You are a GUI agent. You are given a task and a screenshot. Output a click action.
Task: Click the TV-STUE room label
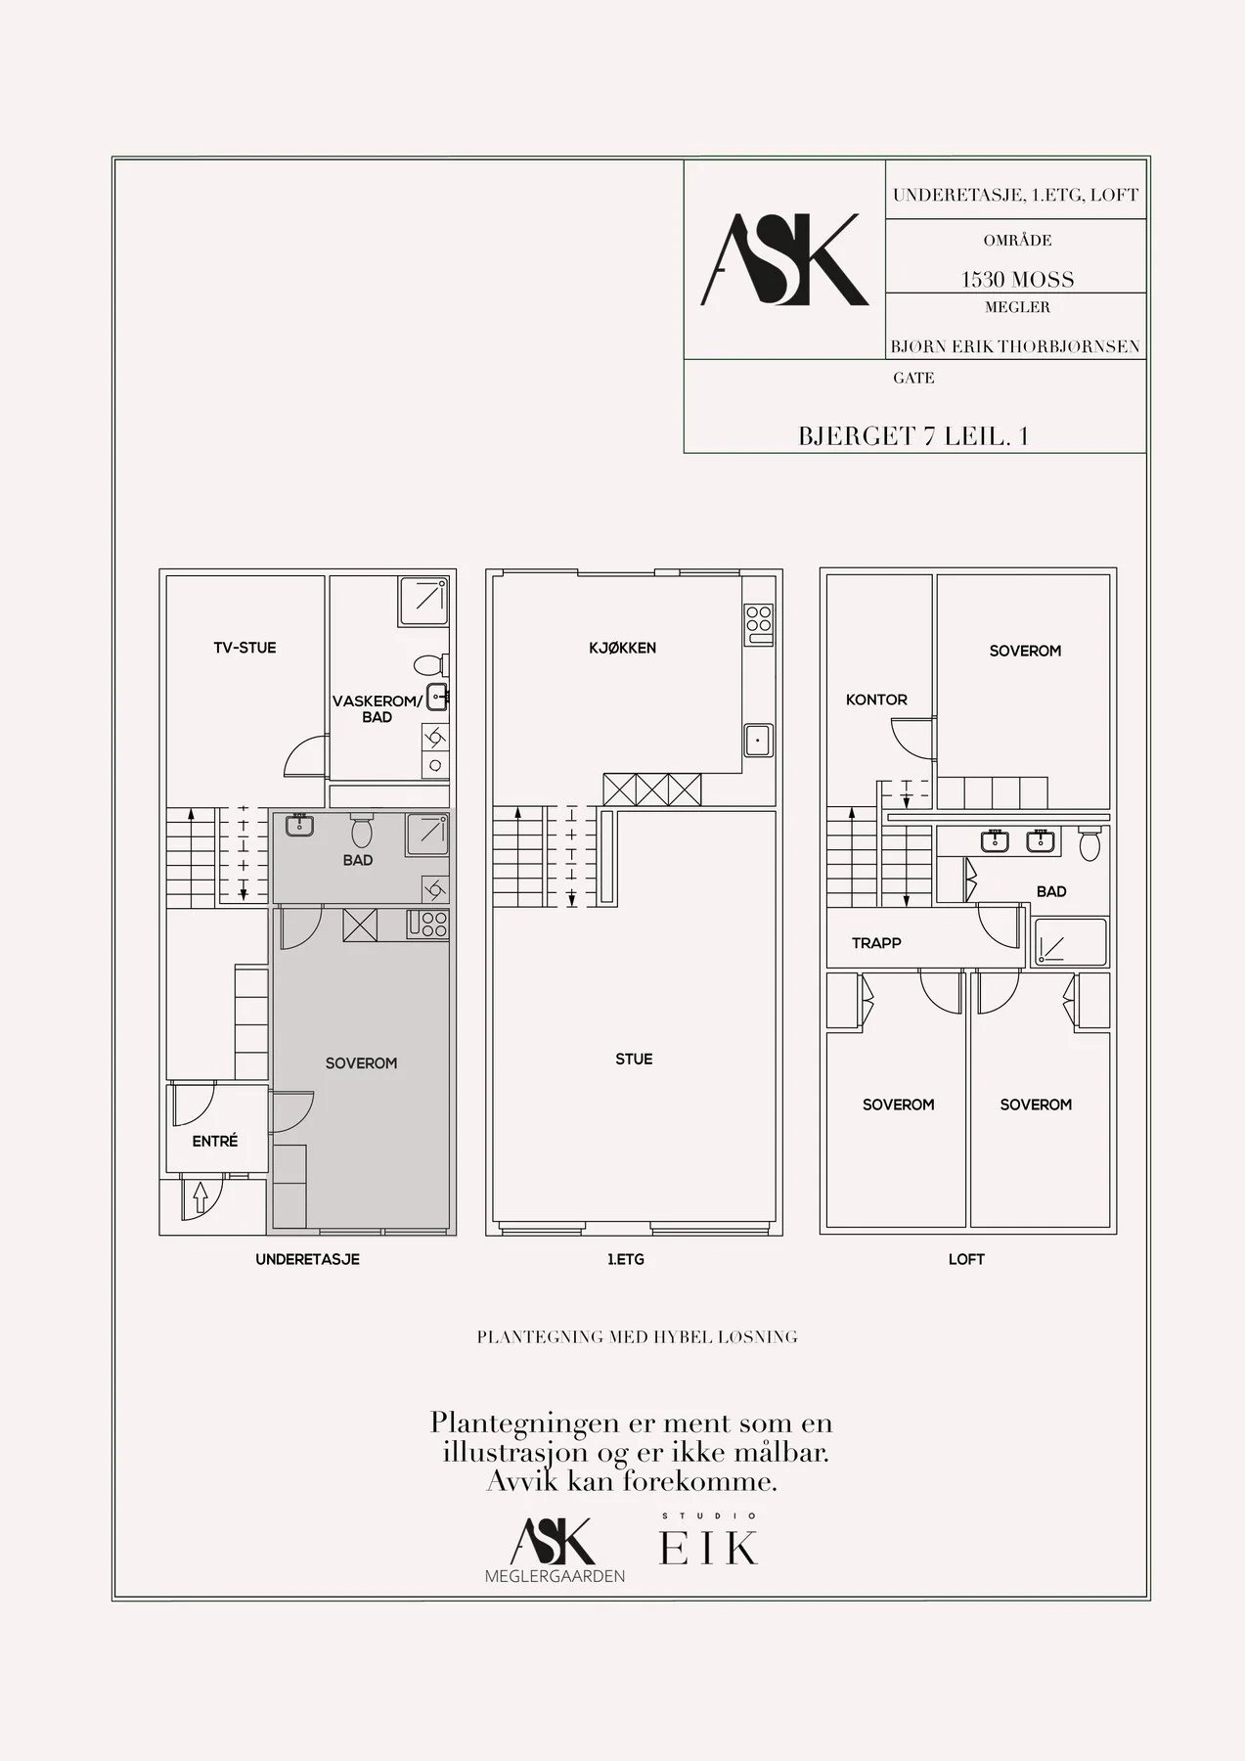tap(245, 648)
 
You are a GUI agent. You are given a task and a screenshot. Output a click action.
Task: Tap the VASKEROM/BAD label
tap(377, 709)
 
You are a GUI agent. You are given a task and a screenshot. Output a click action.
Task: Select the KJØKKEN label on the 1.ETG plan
tap(622, 648)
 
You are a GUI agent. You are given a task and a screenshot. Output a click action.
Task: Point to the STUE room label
tap(634, 1059)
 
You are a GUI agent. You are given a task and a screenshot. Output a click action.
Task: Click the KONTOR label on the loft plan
tap(876, 700)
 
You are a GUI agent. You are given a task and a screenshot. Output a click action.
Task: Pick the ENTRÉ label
tap(215, 1141)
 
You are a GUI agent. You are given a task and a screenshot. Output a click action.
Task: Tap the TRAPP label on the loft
tap(876, 943)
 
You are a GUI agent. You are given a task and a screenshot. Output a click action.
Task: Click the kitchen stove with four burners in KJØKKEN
tap(759, 619)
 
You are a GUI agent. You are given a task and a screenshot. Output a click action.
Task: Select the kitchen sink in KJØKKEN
tap(758, 740)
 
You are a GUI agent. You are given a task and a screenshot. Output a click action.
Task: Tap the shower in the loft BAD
tap(1071, 942)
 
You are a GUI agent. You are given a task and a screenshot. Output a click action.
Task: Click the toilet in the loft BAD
tap(1089, 844)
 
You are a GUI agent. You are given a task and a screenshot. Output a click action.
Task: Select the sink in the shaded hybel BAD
tap(299, 825)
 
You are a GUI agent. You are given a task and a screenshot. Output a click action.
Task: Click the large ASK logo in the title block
tap(784, 260)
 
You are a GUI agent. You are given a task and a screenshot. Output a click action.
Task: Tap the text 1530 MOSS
tap(1017, 279)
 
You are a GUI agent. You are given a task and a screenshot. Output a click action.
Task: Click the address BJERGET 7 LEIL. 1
tap(913, 436)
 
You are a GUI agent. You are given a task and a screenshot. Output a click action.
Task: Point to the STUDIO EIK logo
tap(709, 1540)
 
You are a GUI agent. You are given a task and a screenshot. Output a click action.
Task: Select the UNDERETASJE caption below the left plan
tap(308, 1259)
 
